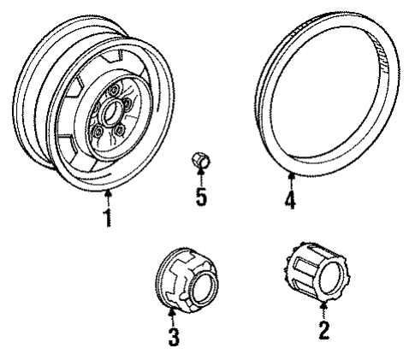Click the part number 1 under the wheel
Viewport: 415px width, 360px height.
point(107,218)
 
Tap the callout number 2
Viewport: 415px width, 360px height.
point(324,331)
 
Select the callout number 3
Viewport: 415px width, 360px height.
point(174,337)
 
